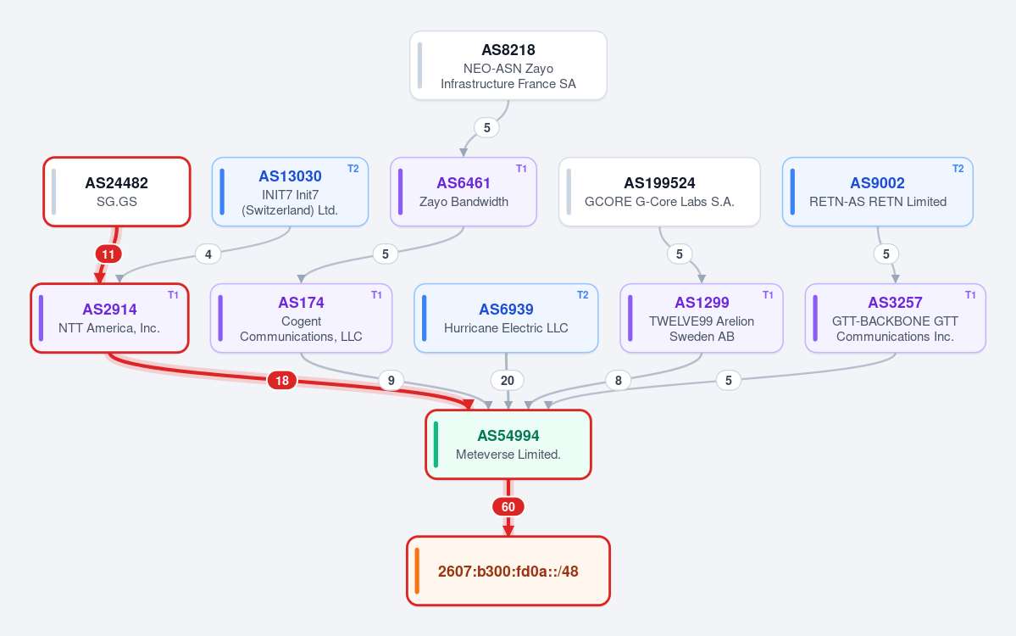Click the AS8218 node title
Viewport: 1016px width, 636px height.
coord(508,50)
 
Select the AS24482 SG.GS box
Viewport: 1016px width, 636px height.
coord(117,192)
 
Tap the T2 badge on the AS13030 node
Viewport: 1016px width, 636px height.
coord(353,169)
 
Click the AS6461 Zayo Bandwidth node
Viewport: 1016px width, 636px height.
coord(464,192)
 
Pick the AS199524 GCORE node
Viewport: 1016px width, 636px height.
coord(659,192)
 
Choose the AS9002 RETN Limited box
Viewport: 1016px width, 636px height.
coord(877,192)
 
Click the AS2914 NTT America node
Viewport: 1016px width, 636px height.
coord(109,318)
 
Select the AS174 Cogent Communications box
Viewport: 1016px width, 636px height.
coord(302,318)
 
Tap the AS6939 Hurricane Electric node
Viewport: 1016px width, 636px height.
coord(506,318)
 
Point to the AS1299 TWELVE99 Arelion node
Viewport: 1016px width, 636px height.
coord(702,318)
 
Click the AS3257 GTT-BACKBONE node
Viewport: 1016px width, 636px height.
coord(896,318)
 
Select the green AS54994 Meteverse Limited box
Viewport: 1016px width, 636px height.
coord(508,444)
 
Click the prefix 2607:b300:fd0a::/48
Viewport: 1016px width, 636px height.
coord(508,572)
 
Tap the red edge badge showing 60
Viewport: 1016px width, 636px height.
coord(508,507)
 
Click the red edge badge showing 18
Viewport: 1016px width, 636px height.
coord(282,381)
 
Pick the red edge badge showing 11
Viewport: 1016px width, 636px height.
coord(108,254)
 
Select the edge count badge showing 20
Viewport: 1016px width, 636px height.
coord(508,381)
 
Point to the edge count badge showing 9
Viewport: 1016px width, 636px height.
coord(391,381)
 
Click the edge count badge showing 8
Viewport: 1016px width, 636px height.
coord(618,381)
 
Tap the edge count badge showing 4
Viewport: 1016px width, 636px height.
coord(208,254)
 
